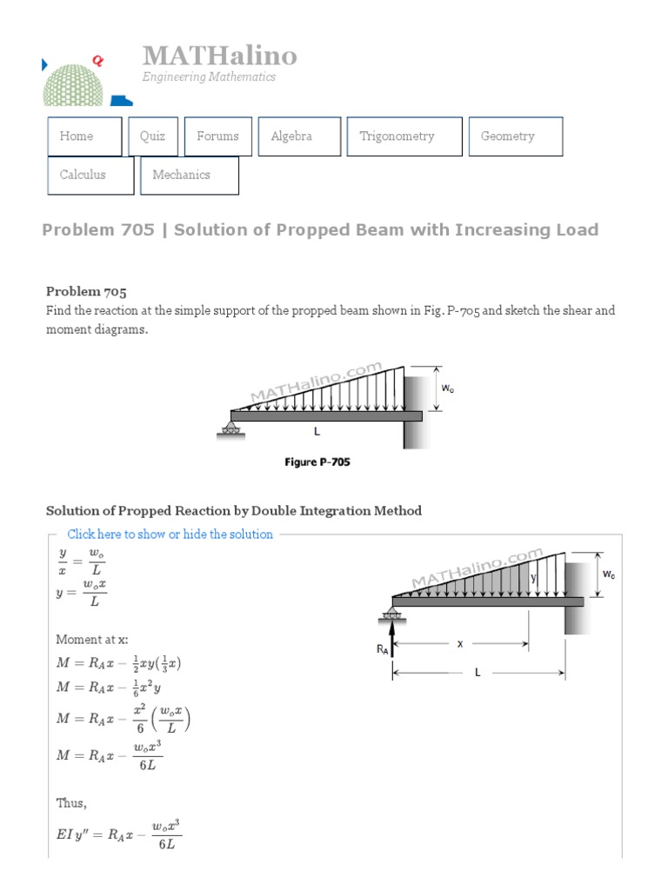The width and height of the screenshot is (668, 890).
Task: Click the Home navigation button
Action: tap(84, 136)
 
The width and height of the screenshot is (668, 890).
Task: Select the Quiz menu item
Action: tap(153, 136)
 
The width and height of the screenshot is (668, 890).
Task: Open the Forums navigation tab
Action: tap(217, 136)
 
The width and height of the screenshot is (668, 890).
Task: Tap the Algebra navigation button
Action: tap(298, 136)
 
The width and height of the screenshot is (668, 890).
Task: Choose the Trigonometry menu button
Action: tap(404, 136)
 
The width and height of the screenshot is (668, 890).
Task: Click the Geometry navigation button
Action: tap(515, 136)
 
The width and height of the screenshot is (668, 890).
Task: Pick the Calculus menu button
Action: tap(90, 175)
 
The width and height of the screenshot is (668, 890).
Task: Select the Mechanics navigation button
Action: tap(189, 175)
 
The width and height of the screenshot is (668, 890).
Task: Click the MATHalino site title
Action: tap(220, 56)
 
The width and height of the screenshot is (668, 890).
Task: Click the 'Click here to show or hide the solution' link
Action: tap(170, 535)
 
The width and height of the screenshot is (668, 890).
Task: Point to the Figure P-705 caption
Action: tap(317, 462)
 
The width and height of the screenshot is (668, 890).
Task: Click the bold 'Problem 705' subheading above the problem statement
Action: tap(86, 291)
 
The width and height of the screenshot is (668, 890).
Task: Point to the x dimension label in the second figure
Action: tap(461, 644)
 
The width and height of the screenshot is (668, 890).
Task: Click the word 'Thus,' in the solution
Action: tap(71, 803)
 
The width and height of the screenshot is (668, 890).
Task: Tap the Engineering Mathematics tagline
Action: tap(209, 76)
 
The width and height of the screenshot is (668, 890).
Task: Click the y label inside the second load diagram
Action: tap(534, 576)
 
